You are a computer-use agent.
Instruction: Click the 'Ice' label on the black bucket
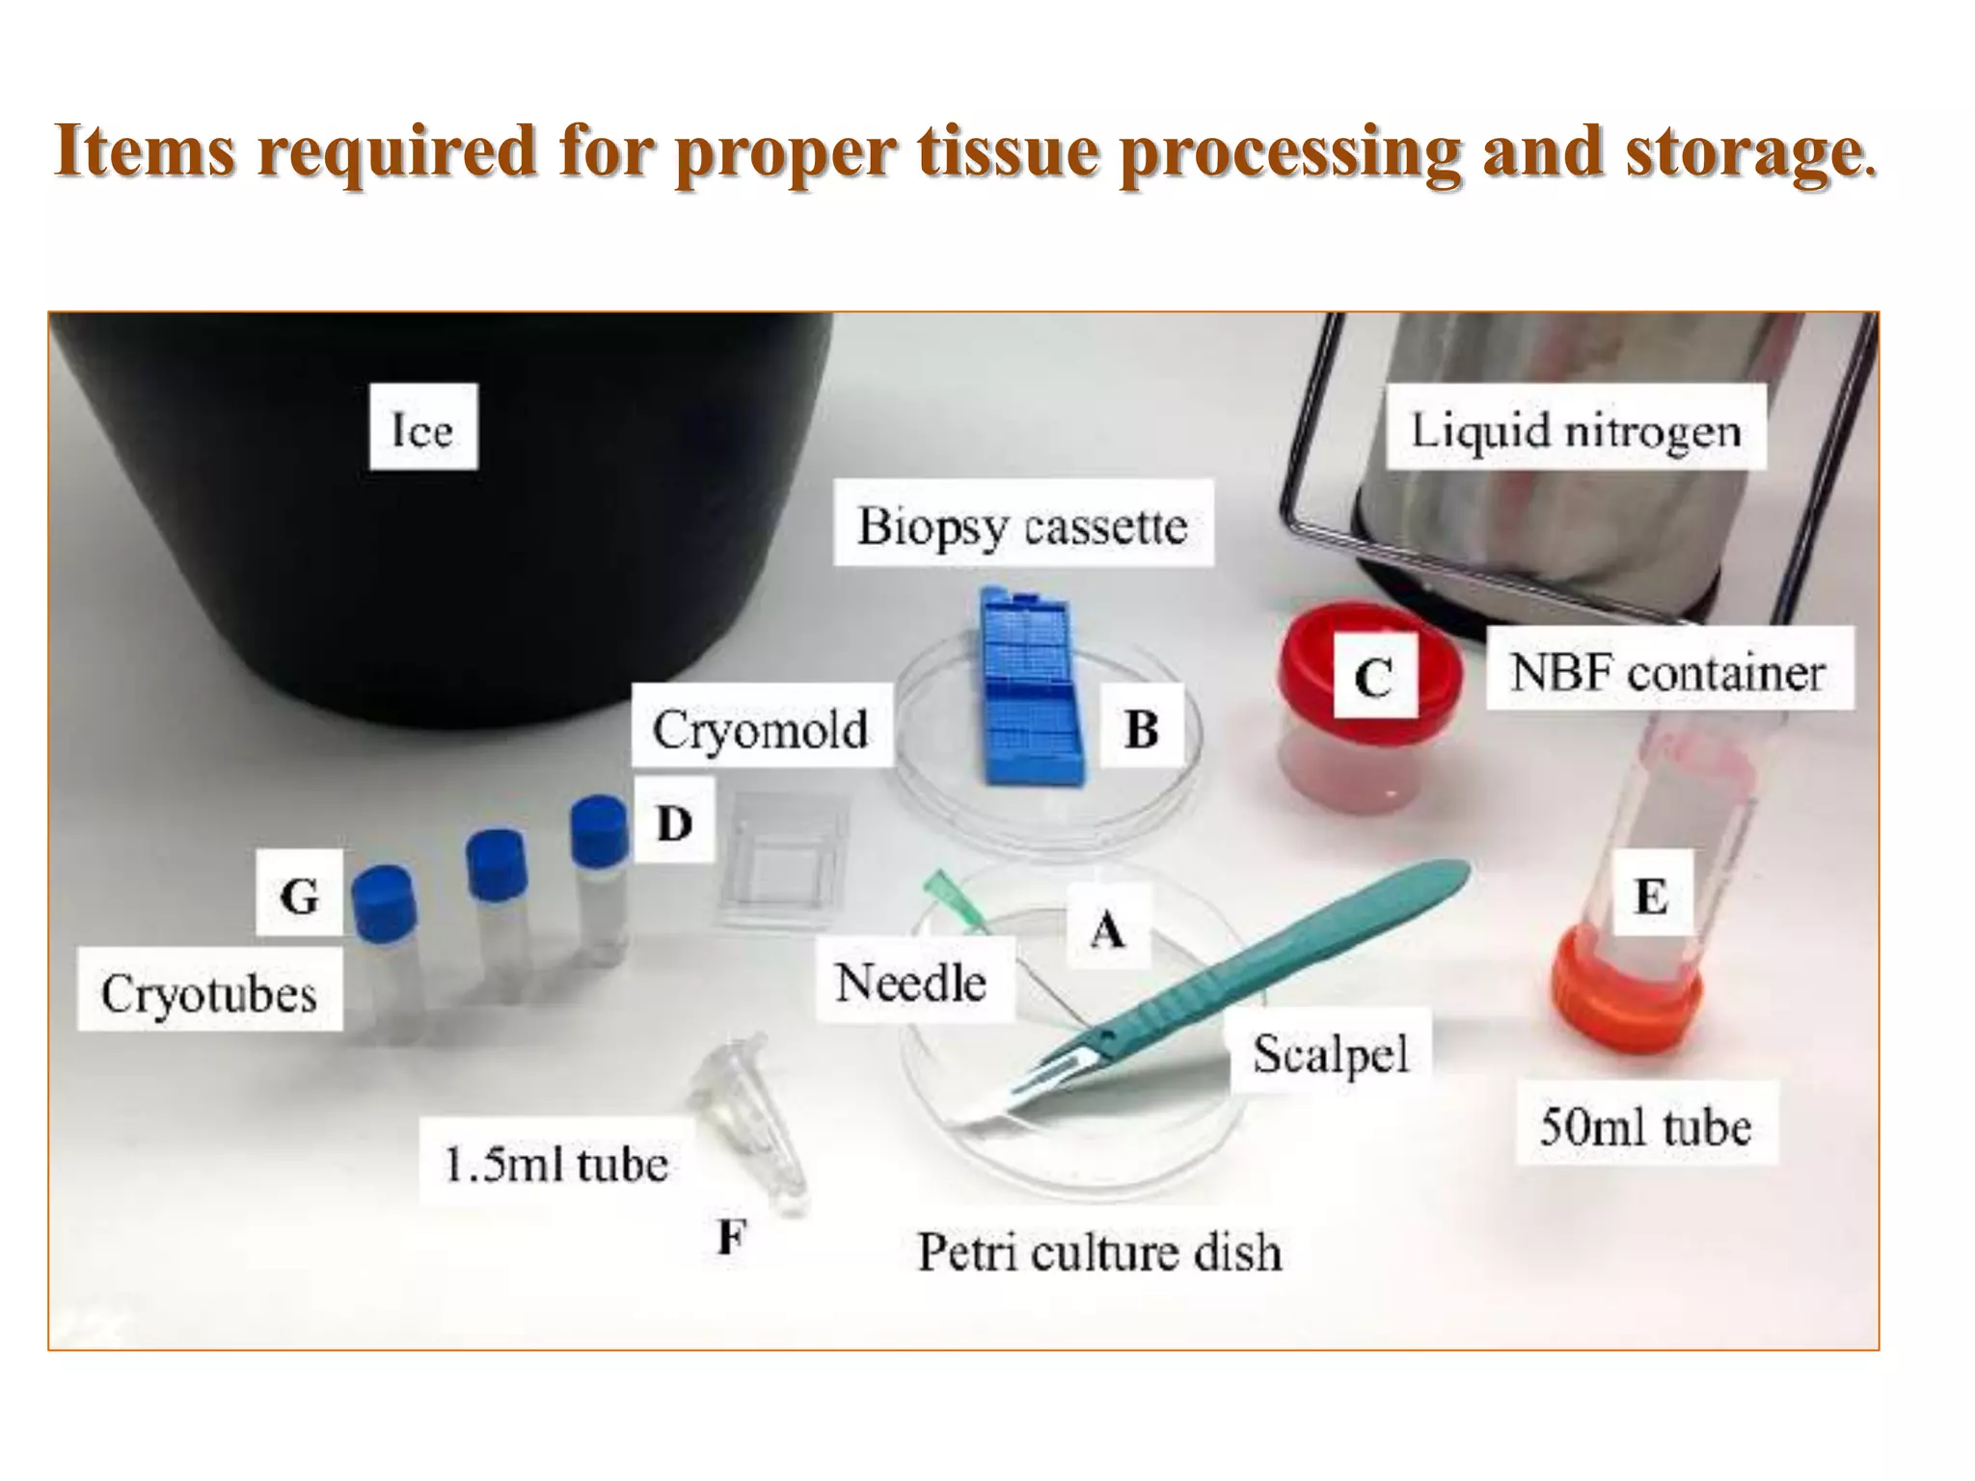coord(422,428)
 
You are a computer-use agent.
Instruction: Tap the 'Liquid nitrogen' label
coord(1576,429)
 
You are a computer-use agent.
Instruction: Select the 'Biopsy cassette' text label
coord(1022,525)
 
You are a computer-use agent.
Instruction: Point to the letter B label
coord(1141,728)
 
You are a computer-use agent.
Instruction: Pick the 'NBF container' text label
coord(1667,671)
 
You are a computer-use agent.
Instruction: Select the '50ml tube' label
coord(1645,1125)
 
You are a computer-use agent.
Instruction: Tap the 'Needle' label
coord(911,983)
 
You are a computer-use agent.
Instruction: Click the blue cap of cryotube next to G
coord(384,902)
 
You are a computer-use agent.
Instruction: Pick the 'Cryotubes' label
coord(209,992)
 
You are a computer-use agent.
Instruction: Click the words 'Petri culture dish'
coord(1099,1252)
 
